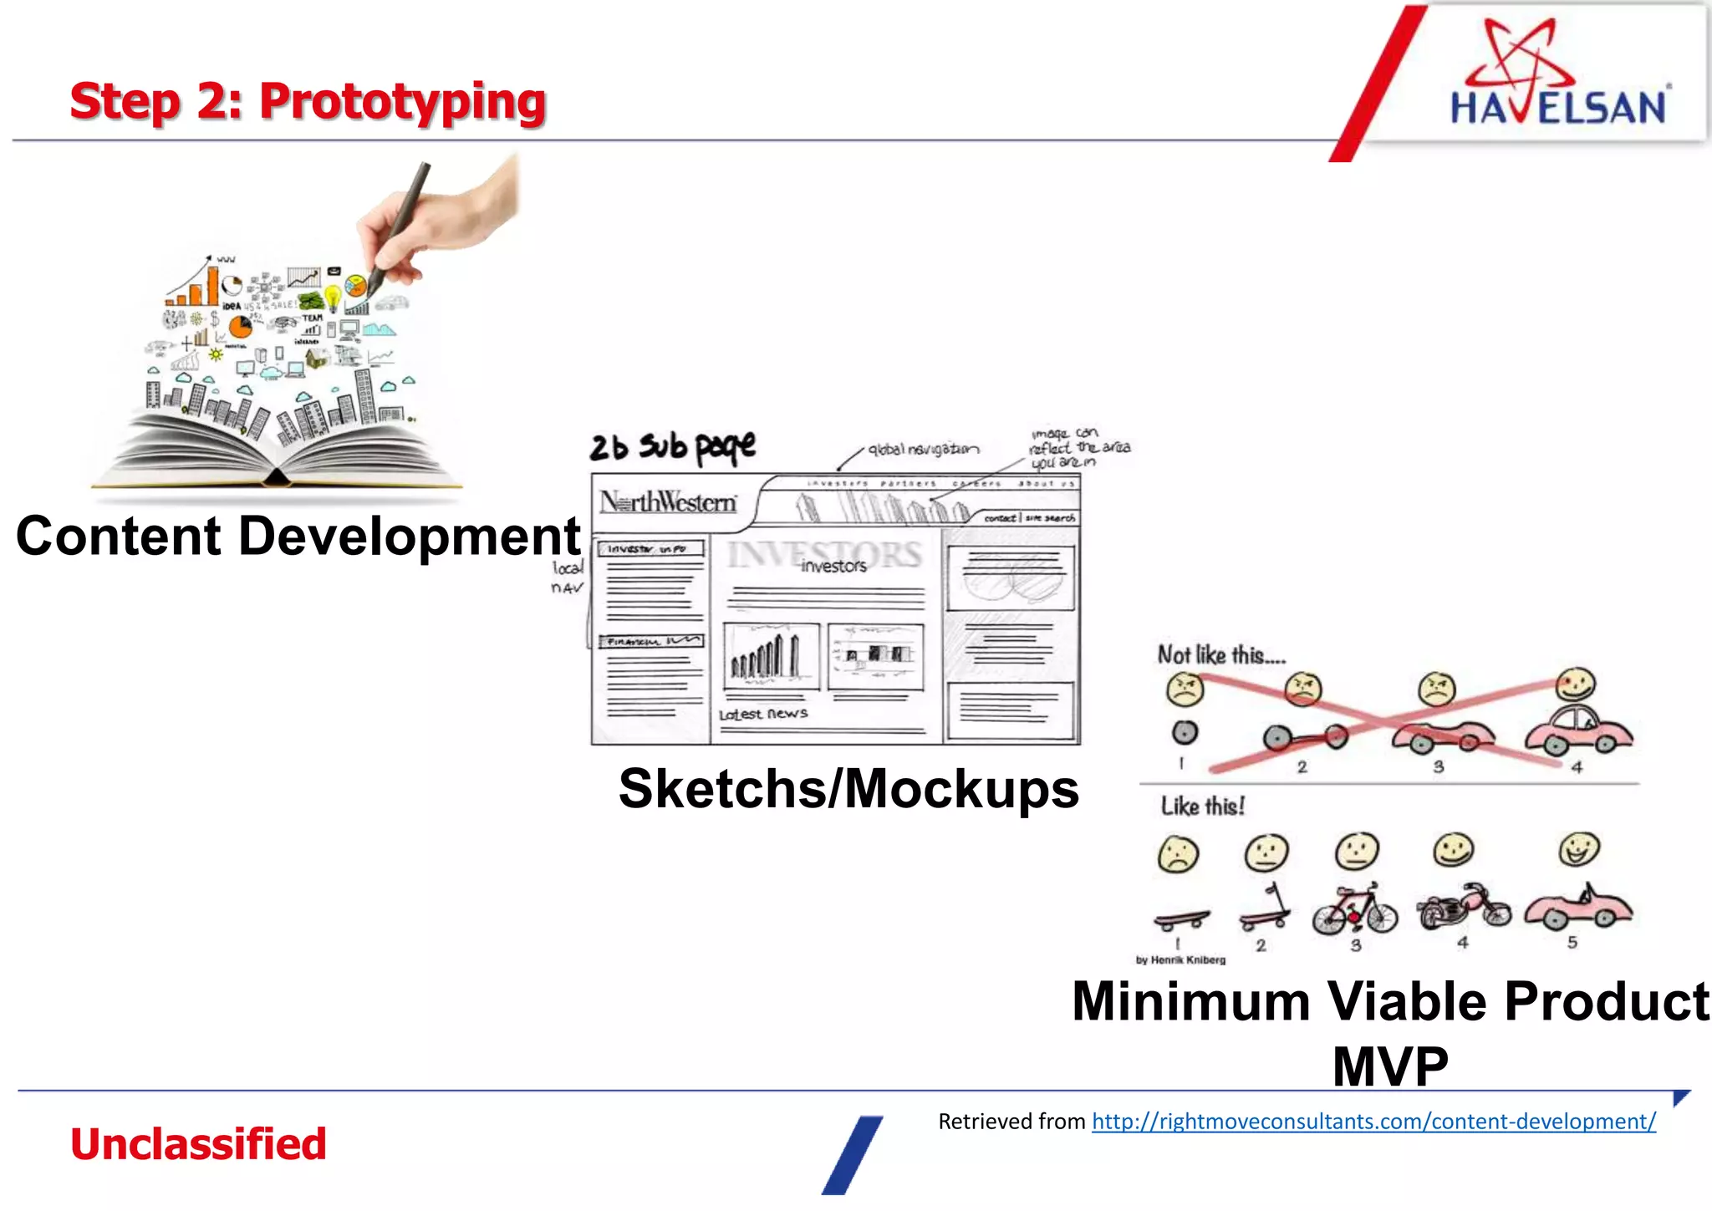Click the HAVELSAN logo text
[x=1557, y=108]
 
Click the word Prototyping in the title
[x=402, y=102]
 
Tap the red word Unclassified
[x=198, y=1143]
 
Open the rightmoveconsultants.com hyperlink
[x=1373, y=1121]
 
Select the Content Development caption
[x=298, y=536]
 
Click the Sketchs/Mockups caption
[x=848, y=788]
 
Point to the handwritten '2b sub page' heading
[x=671, y=447]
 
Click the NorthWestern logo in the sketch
[x=668, y=502]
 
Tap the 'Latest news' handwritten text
[x=763, y=714]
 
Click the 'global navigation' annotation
[x=923, y=450]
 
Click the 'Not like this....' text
[x=1220, y=654]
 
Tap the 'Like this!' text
[x=1202, y=806]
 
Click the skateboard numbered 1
[x=1180, y=919]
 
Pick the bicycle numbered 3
[x=1354, y=910]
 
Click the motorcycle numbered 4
[x=1463, y=908]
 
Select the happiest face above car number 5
[x=1579, y=849]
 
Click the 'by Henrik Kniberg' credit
[x=1180, y=959]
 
